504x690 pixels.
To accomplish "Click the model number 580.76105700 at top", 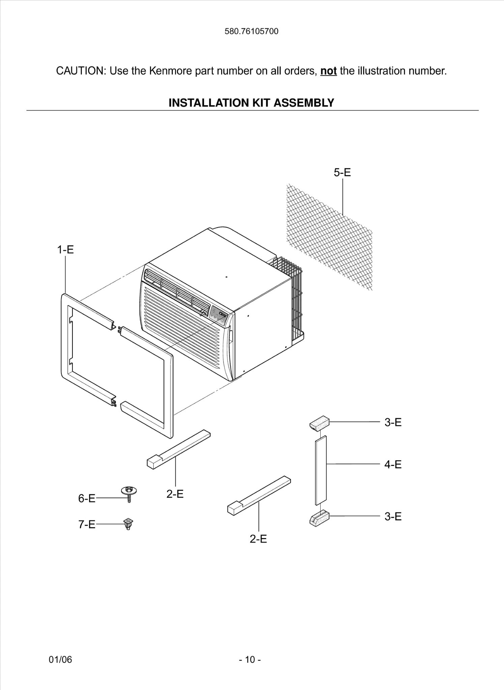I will click(251, 31).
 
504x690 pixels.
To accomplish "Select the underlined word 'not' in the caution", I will click(328, 71).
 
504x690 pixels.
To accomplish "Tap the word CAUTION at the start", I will click(81, 71).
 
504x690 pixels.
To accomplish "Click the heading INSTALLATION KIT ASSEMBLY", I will click(251, 102).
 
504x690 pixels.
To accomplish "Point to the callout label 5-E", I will click(342, 172).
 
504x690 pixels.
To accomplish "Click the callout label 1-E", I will click(65, 250).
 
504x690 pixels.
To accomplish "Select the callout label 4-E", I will click(393, 465).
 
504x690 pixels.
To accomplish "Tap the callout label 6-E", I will click(87, 498).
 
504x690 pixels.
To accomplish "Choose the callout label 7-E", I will click(87, 525).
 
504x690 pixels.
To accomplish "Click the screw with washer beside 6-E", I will click(129, 494).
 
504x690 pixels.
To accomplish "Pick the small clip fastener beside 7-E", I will click(128, 524).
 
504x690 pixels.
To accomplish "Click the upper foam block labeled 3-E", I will click(319, 422).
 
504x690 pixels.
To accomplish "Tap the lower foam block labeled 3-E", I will click(319, 518).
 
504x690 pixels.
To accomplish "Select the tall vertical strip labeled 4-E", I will click(321, 470).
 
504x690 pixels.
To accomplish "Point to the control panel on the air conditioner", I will click(218, 316).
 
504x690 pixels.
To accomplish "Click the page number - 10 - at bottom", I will click(250, 659).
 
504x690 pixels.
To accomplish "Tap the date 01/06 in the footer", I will click(60, 659).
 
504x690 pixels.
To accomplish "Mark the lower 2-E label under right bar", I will click(258, 539).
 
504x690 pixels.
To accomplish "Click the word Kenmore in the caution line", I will click(171, 71).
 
